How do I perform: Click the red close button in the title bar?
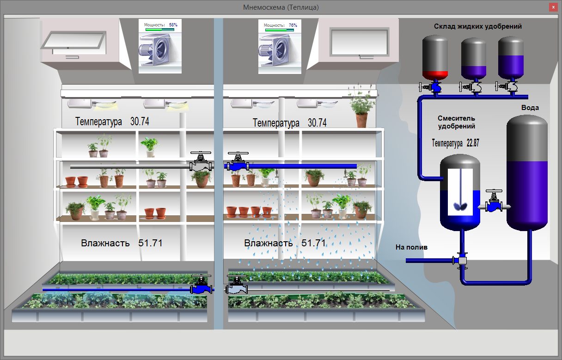tap(553, 7)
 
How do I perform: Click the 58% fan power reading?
tap(173, 24)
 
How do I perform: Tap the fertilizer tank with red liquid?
tap(435, 57)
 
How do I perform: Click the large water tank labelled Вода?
tap(527, 173)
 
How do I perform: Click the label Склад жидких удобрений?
tap(477, 26)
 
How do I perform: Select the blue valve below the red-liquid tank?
tap(435, 86)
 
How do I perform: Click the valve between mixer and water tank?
tap(495, 202)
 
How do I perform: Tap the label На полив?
tap(411, 247)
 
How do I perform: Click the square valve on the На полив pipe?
tap(462, 261)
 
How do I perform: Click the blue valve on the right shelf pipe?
tap(238, 163)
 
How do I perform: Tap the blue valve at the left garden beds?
tap(201, 286)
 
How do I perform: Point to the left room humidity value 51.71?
tap(150, 243)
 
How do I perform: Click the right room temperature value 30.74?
tap(317, 123)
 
